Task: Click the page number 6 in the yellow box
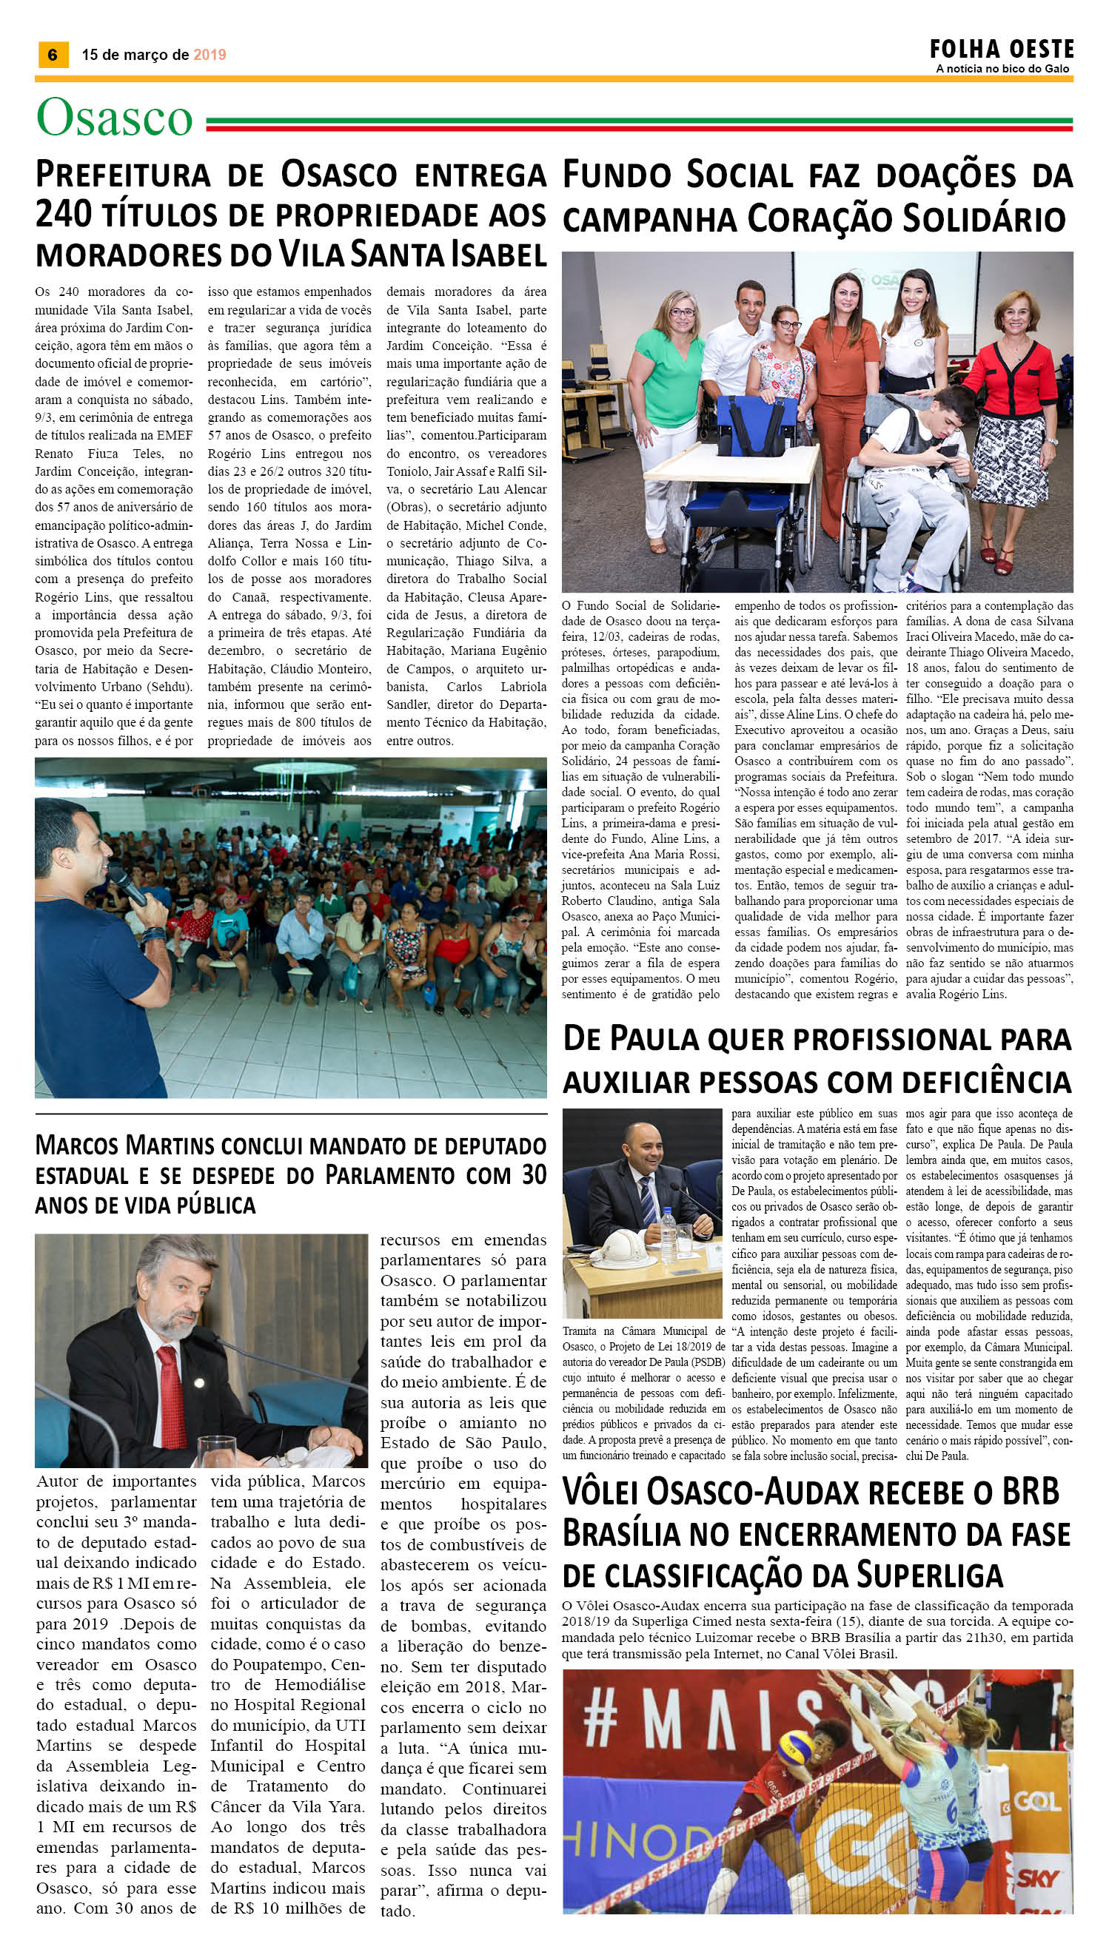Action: pyautogui.click(x=53, y=55)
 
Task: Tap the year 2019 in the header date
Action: pyautogui.click(x=210, y=55)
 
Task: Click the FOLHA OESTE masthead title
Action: pyautogui.click(x=1001, y=50)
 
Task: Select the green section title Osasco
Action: pyautogui.click(x=114, y=118)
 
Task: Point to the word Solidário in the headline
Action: pyautogui.click(x=983, y=219)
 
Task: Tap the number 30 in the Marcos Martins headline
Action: pyautogui.click(x=534, y=1175)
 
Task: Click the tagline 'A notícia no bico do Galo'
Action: pyautogui.click(x=1002, y=70)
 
